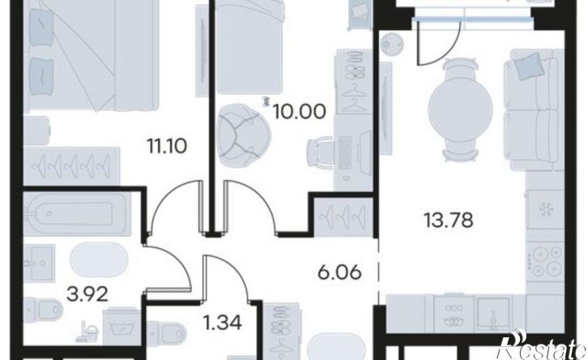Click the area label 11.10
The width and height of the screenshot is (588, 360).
[167, 146]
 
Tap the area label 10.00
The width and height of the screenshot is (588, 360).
[299, 111]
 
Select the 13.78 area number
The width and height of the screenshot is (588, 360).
[449, 220]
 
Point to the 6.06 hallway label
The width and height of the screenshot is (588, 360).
[340, 272]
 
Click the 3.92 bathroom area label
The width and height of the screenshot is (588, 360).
[88, 294]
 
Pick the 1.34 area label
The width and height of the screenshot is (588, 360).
[223, 322]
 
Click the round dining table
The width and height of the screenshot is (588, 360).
[460, 109]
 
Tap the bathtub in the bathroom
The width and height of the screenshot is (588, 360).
[77, 212]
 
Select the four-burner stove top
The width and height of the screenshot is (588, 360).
[545, 261]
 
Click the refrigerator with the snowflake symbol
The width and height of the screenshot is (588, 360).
[545, 209]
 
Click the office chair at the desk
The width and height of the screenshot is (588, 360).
[320, 152]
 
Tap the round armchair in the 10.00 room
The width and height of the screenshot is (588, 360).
[243, 135]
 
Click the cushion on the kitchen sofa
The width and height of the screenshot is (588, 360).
[528, 66]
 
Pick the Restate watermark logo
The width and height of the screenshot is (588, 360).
[542, 345]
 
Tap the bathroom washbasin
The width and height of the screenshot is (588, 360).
[39, 263]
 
